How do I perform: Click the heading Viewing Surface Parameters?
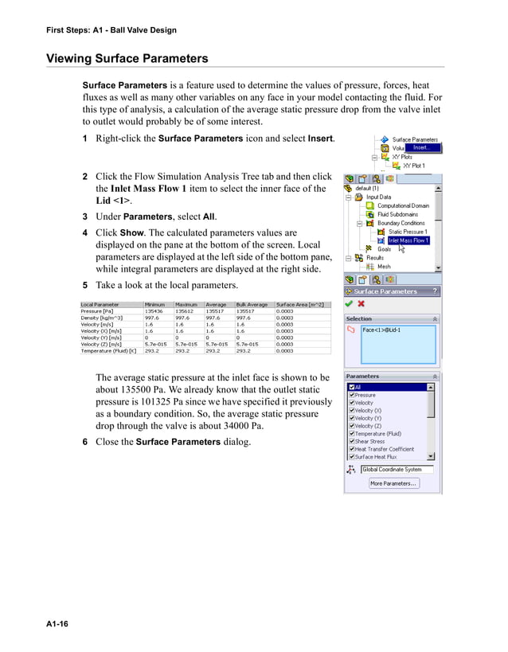coord(127,58)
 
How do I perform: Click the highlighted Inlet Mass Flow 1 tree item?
coord(408,240)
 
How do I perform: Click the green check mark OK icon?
coord(349,303)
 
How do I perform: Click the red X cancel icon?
coord(361,303)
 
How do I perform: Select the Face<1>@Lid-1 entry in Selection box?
coord(382,330)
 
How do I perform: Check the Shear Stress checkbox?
coord(351,441)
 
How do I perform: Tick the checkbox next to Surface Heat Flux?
coord(351,457)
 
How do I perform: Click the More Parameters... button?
coord(393,483)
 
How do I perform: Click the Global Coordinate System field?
coord(397,470)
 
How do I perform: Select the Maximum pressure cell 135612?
coord(186,311)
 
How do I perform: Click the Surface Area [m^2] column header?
coord(299,304)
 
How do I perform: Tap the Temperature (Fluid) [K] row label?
coord(107,350)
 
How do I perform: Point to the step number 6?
coord(85,442)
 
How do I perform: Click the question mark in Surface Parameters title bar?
coord(435,291)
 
